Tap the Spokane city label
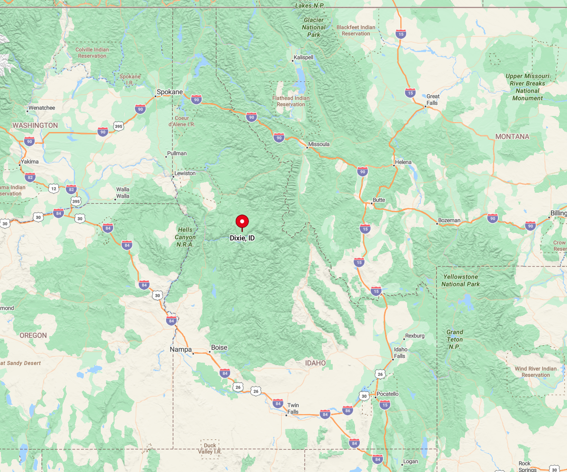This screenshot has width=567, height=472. [x=170, y=92]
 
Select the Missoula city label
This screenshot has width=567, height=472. [x=319, y=144]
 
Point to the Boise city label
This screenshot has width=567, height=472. [x=219, y=347]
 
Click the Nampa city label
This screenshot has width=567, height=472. [x=180, y=350]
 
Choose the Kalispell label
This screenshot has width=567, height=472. [x=303, y=57]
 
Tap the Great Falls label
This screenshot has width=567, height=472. [x=433, y=99]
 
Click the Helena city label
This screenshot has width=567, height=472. [x=403, y=162]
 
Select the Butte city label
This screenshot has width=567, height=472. [x=379, y=200]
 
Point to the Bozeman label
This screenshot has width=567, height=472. [x=449, y=220]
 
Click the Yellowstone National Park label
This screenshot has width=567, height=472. [x=461, y=280]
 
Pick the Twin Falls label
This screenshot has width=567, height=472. [x=293, y=409]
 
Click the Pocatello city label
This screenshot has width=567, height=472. [x=388, y=394]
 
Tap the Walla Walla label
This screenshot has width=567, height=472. [x=123, y=193]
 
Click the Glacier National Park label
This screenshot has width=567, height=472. [x=313, y=27]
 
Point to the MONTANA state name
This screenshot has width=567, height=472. [x=512, y=136]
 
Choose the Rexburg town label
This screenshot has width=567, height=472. [x=415, y=336]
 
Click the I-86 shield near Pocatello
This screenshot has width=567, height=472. [x=348, y=410]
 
